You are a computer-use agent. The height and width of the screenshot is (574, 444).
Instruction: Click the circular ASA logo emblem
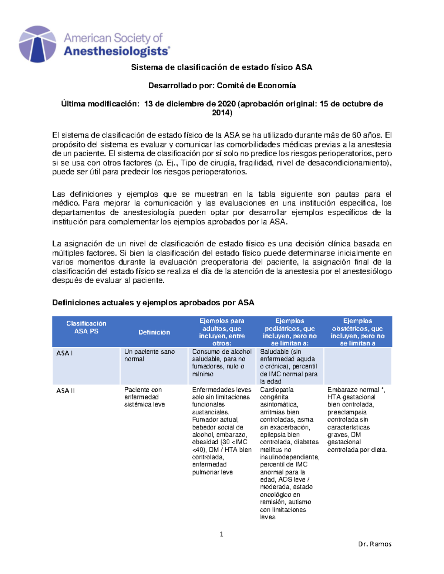click(37, 44)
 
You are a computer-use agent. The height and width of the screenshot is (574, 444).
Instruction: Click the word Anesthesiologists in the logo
click(117, 51)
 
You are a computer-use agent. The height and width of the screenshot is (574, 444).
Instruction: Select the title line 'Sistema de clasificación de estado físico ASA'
click(222, 67)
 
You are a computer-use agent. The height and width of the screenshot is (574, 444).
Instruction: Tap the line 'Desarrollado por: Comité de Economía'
click(222, 86)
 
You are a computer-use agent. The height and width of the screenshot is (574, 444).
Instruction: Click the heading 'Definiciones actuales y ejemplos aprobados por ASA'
click(153, 303)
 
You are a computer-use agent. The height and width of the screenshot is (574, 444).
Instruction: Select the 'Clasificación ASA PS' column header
click(86, 327)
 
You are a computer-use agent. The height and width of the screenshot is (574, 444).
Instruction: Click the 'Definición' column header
click(154, 332)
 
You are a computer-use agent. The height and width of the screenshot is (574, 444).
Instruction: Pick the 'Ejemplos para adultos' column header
click(222, 332)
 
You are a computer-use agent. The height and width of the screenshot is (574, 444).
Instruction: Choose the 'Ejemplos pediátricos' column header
click(290, 332)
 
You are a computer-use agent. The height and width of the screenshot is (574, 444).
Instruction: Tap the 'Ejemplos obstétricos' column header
click(357, 332)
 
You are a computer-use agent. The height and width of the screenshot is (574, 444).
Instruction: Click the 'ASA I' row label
click(64, 353)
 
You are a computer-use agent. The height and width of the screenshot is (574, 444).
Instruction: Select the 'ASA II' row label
click(65, 391)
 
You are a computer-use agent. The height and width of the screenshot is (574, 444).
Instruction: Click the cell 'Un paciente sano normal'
click(149, 356)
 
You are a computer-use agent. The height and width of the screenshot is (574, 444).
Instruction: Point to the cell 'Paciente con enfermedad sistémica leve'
click(144, 397)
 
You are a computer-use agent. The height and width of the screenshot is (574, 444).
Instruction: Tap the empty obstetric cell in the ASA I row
click(357, 366)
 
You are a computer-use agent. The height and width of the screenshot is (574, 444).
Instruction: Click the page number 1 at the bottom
click(221, 534)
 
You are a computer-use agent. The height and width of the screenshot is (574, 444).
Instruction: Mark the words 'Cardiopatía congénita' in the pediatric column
click(277, 393)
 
